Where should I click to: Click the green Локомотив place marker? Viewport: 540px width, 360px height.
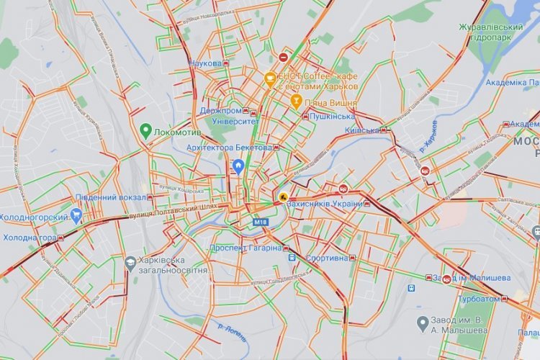[x=145, y=131]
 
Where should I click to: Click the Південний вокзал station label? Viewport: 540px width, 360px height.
[x=109, y=197]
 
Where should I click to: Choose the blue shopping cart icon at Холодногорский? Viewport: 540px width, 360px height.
[x=76, y=215]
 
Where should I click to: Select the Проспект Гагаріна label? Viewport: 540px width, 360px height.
[x=246, y=248]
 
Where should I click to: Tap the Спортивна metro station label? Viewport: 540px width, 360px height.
[x=327, y=258]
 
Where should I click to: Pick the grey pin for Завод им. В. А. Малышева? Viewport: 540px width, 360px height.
[x=423, y=321]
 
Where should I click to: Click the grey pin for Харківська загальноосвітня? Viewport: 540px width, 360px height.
[x=130, y=263]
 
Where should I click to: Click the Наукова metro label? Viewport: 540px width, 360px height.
[x=205, y=63]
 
